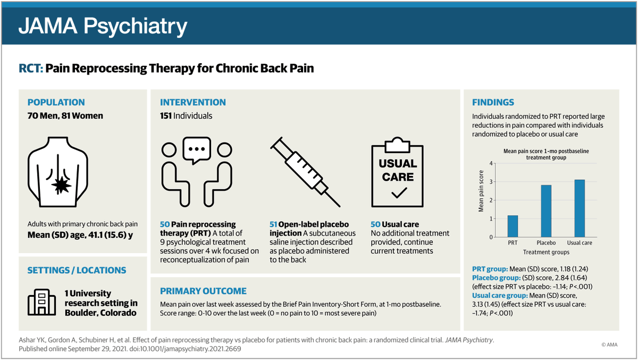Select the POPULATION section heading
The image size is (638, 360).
coord(56,103)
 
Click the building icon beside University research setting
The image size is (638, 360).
coord(41,303)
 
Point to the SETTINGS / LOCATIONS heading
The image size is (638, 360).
coord(77,270)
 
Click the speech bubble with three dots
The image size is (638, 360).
coord(197,150)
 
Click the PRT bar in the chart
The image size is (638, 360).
coord(513,226)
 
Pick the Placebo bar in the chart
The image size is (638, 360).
coord(546,211)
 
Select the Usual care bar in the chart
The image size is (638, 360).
coord(580,208)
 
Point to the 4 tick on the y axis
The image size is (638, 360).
coord(492,163)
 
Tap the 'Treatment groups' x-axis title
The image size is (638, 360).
coord(546,252)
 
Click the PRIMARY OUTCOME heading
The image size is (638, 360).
coord(203,291)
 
